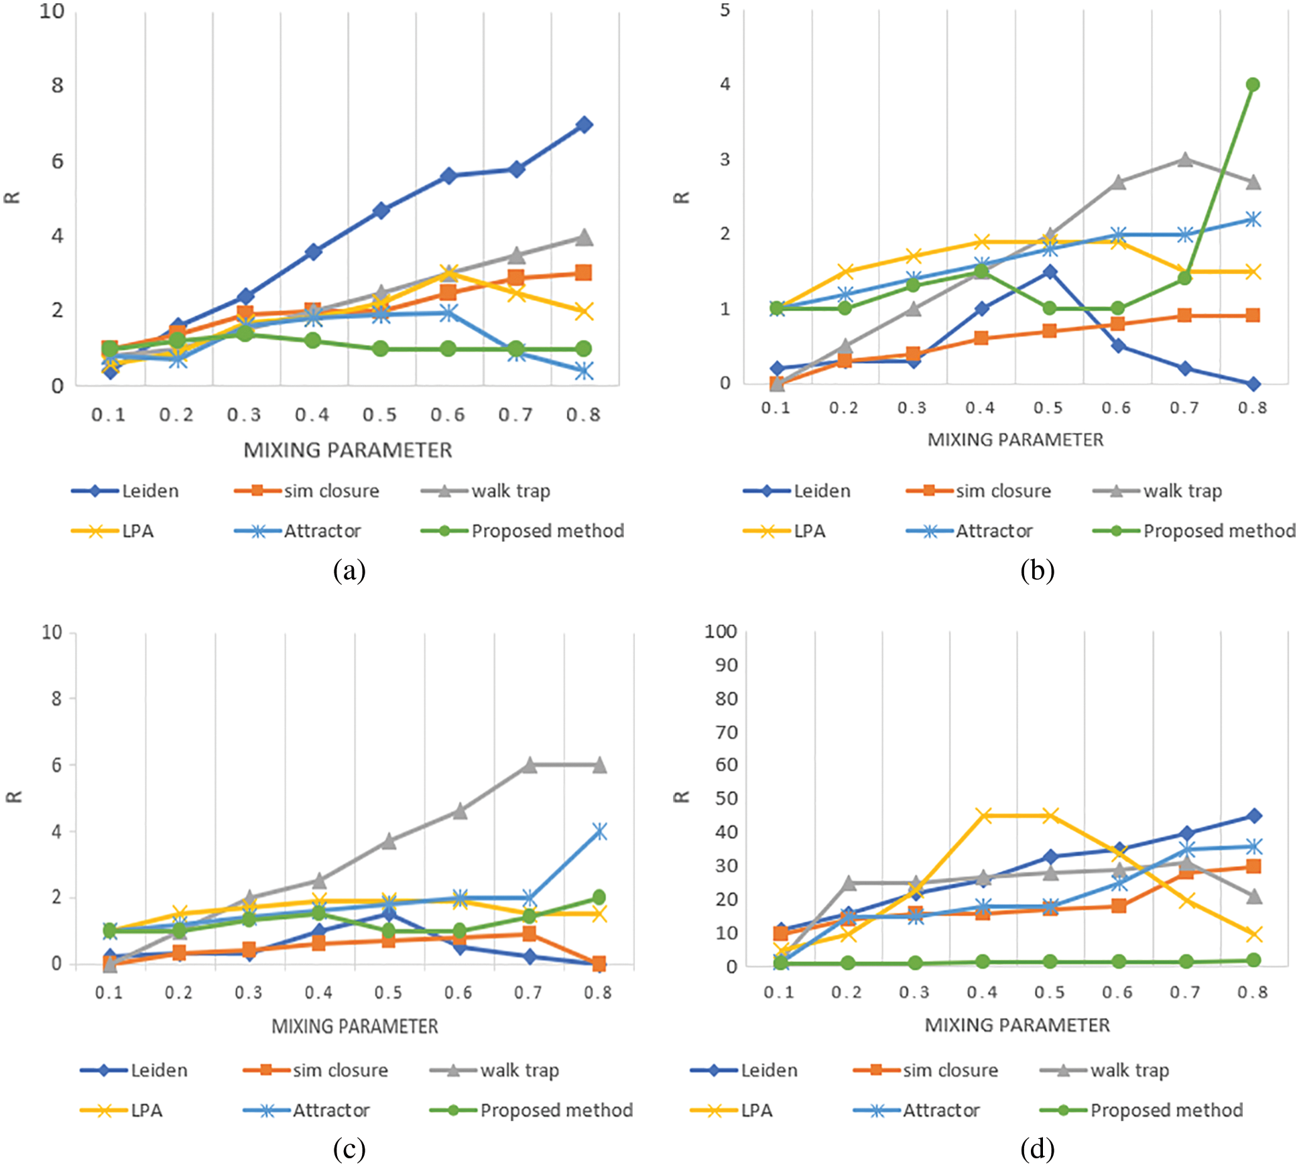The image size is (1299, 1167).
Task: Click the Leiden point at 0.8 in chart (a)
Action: click(584, 125)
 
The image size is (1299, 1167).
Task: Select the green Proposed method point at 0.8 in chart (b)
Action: click(1252, 84)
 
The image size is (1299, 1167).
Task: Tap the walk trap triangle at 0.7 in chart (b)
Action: click(1184, 160)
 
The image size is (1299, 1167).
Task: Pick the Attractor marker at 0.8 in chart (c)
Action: click(599, 832)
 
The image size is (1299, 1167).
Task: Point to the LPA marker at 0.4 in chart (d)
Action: click(983, 816)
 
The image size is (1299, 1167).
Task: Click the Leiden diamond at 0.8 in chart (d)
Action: click(1253, 816)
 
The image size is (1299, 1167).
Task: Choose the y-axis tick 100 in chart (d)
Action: click(721, 631)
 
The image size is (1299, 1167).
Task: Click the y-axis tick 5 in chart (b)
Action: click(725, 11)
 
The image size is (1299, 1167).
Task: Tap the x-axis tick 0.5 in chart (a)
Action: click(380, 416)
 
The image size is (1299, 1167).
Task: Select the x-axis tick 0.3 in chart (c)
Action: click(249, 993)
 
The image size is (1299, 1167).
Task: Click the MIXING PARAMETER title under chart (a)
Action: click(347, 450)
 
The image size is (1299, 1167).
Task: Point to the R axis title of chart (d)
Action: click(681, 797)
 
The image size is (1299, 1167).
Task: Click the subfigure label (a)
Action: click(349, 570)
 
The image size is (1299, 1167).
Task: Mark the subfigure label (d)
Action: click(1037, 1149)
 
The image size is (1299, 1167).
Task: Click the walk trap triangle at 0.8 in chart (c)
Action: click(599, 765)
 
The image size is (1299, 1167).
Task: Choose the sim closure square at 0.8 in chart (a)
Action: click(583, 273)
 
